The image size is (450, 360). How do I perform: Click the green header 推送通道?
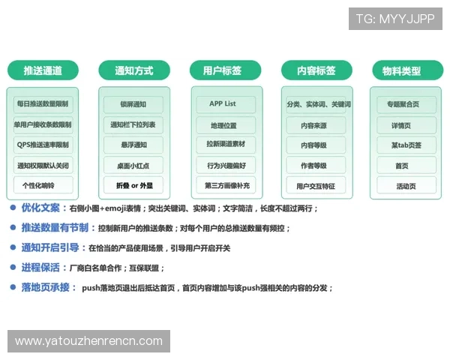coord(43,71)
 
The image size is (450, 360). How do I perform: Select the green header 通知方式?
coord(133,71)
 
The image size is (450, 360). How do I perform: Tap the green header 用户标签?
coord(225,71)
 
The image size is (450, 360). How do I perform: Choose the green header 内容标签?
coord(316,71)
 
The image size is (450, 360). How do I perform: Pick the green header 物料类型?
coord(406,71)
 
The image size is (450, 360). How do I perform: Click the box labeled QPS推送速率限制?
coord(43,145)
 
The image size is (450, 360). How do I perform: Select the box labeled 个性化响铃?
coord(43,185)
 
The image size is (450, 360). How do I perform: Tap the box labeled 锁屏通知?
coord(133,104)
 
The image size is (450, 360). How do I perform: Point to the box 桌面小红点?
coord(133,165)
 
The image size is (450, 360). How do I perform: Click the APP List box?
coord(225,104)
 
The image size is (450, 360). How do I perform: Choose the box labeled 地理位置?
coord(225,124)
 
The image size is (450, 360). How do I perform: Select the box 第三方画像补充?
coord(225,185)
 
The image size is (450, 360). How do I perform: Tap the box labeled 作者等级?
coord(316,165)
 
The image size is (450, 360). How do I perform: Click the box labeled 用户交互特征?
coord(316,185)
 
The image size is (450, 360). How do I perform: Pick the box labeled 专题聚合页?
coord(406,104)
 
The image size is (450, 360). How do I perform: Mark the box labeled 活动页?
coord(406,185)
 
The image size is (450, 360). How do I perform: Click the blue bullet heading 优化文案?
coord(39,208)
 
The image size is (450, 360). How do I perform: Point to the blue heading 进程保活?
coord(39,267)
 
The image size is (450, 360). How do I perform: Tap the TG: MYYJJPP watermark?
coord(395,19)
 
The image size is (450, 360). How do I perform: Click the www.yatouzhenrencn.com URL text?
coord(89,341)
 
